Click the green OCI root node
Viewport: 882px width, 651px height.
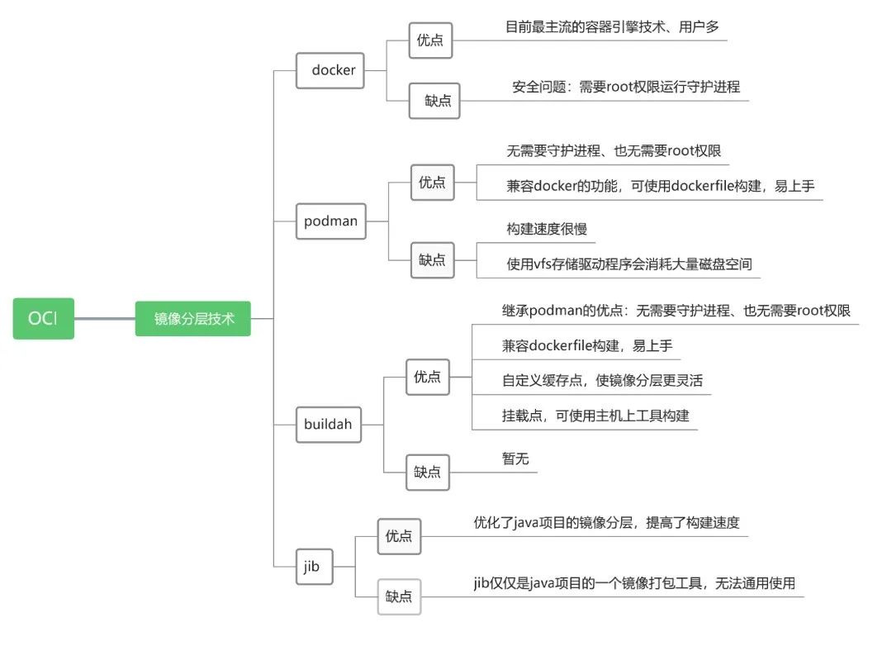[x=43, y=319]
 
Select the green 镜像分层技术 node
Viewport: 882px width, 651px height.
[x=193, y=319]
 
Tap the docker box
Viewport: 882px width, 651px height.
[x=333, y=70]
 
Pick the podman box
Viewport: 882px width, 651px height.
[x=330, y=221]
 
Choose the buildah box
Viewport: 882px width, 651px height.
[x=328, y=425]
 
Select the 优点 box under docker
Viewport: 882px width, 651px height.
[x=430, y=40]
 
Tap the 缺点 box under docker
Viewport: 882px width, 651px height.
[x=434, y=101]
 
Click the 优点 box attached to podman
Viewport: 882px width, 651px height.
[x=432, y=183]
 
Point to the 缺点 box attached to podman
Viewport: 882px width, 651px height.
[x=432, y=259]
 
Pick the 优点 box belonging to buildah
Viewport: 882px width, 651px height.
[x=427, y=377]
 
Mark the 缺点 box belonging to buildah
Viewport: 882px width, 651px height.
[x=427, y=473]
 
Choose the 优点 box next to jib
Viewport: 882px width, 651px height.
[x=399, y=536]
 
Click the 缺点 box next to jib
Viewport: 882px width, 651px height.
[x=399, y=596]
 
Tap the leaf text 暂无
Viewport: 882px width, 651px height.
[x=515, y=459]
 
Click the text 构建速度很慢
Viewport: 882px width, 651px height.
[x=547, y=229]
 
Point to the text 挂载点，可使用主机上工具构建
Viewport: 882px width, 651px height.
[x=595, y=416]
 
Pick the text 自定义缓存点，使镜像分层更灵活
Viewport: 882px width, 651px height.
[x=602, y=381]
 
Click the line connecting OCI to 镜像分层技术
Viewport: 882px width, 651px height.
[x=104, y=319]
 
